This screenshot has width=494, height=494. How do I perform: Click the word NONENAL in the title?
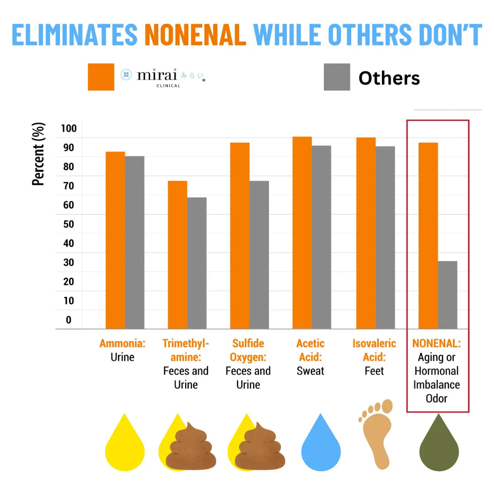(195, 34)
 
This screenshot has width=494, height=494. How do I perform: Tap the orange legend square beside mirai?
(101, 77)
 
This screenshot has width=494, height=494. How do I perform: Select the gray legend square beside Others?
(337, 77)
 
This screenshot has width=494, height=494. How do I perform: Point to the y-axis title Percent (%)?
(39, 154)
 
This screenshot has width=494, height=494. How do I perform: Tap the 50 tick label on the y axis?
(69, 224)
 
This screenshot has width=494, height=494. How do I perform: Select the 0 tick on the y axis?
(69, 320)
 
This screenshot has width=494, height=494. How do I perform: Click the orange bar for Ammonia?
(115, 240)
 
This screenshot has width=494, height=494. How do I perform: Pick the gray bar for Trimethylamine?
(197, 263)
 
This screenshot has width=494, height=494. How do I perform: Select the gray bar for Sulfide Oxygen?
(259, 255)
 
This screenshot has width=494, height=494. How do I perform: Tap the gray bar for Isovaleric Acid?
(385, 237)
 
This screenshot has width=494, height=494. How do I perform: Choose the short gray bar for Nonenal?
(447, 295)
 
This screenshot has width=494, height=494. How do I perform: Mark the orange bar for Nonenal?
(428, 236)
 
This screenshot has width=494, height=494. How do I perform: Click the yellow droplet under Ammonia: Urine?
(125, 446)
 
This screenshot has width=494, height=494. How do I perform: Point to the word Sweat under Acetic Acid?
(310, 371)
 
